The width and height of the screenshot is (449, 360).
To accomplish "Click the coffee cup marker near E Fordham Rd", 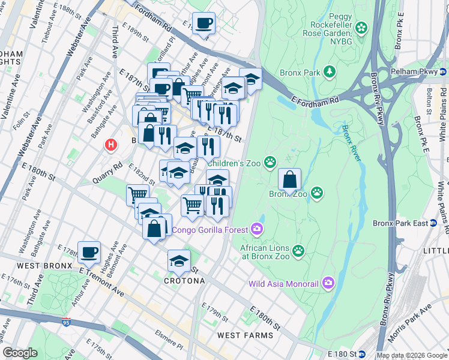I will click(203, 23).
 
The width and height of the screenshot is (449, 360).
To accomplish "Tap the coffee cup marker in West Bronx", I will click(89, 252).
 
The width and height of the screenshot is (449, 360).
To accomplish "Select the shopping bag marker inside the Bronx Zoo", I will click(289, 180).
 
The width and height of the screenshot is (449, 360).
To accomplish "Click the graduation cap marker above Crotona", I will click(178, 261).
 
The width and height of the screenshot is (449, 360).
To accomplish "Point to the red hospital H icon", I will click(110, 145).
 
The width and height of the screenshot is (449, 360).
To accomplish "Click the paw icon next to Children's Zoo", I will click(271, 161).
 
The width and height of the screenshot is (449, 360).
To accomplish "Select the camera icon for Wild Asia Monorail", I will click(328, 282).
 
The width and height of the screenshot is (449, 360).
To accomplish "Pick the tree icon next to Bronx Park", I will click(329, 73).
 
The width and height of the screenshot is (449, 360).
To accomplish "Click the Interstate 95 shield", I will click(65, 322).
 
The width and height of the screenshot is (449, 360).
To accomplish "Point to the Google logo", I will click(20, 353).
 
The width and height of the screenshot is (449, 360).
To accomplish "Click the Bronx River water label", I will click(352, 143).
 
